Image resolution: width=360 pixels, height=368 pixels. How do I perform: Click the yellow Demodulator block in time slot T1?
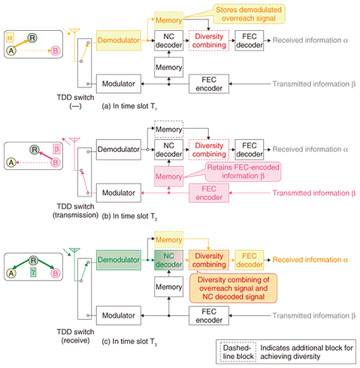click(119, 41)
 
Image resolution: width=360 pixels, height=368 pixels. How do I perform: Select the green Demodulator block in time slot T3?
click(119, 260)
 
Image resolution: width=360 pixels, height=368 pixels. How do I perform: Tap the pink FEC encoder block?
click(209, 193)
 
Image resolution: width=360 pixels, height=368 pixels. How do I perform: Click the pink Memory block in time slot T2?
click(168, 176)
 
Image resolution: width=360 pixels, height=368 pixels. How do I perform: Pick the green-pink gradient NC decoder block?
click(168, 260)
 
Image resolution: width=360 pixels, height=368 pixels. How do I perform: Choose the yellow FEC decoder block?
click(250, 260)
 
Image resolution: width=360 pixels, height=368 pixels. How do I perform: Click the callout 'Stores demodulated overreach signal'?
click(249, 14)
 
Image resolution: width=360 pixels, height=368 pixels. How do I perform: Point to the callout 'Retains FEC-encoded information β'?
click(243, 172)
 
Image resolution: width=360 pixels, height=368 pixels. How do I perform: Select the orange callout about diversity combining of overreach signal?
click(234, 288)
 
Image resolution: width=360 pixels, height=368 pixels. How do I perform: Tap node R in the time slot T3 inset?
click(33, 260)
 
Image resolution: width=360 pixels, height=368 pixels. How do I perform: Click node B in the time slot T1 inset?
click(56, 51)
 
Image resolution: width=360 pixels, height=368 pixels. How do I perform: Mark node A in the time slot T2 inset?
click(11, 163)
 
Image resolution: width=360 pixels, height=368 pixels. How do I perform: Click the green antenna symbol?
click(74, 251)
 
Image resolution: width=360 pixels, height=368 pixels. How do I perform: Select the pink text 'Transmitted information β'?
click(314, 193)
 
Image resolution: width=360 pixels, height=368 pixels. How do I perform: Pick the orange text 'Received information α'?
click(310, 260)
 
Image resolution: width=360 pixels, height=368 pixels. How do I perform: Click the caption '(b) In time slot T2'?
click(129, 216)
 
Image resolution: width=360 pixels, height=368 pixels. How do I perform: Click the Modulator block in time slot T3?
click(119, 315)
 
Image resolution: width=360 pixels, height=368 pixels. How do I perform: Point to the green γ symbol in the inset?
click(33, 272)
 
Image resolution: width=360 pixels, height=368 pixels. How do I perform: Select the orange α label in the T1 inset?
click(10, 38)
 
